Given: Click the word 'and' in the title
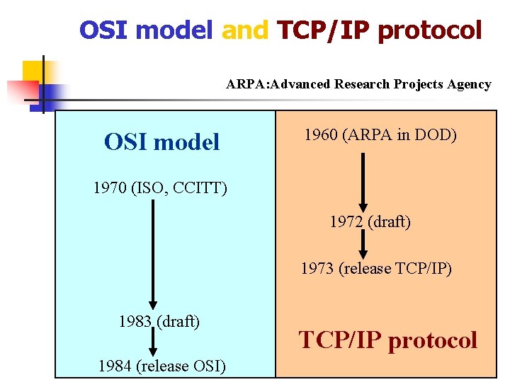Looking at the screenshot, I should pos(245,30).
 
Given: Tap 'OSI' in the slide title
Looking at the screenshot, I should pos(104,30).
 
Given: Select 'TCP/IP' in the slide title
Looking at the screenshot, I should pos(324,30).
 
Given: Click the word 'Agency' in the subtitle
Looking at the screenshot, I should pos(468,84).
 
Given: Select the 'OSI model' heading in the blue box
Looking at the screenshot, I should pos(161,142).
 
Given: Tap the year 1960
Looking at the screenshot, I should pos(320,134).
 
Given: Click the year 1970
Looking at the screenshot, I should pos(110,188).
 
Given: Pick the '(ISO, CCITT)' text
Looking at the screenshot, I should pos(178,188).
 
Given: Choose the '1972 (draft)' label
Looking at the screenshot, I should pos(370,221).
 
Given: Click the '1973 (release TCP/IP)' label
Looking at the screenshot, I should pos(376,268).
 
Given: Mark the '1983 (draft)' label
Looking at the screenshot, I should pos(159,321).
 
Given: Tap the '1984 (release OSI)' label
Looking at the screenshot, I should pos(161,366).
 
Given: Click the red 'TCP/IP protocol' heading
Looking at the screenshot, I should pos(388,340).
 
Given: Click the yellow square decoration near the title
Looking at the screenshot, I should pos(33,71).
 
